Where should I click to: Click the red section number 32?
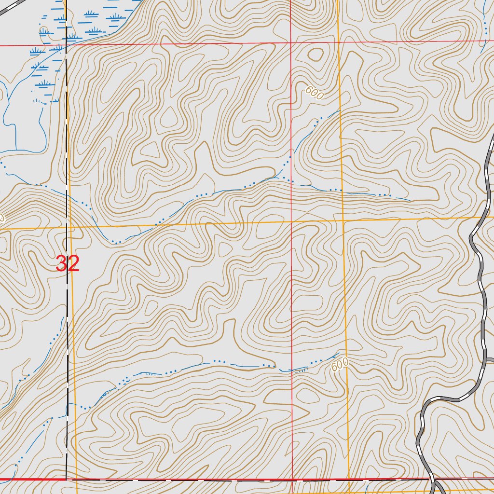click(68, 264)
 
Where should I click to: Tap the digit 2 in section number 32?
click(73, 264)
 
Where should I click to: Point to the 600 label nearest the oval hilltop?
click(314, 93)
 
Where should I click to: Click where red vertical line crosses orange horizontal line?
click(291, 221)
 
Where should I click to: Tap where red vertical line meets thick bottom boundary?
click(292, 480)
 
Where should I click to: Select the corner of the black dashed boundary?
click(66, 480)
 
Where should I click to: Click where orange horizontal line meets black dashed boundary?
click(67, 226)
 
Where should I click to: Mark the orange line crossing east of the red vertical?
click(343, 220)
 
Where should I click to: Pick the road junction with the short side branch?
click(485, 359)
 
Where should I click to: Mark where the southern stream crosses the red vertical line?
click(292, 370)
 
